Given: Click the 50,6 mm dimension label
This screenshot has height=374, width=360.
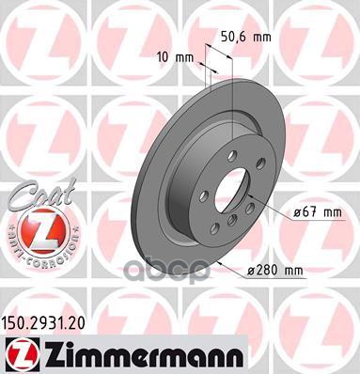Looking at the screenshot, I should (247, 39).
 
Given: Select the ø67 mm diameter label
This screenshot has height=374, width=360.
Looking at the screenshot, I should (311, 212).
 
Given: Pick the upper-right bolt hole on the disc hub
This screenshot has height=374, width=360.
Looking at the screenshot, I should (259, 164).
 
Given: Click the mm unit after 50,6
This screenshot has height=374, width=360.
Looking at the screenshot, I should (265, 39).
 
